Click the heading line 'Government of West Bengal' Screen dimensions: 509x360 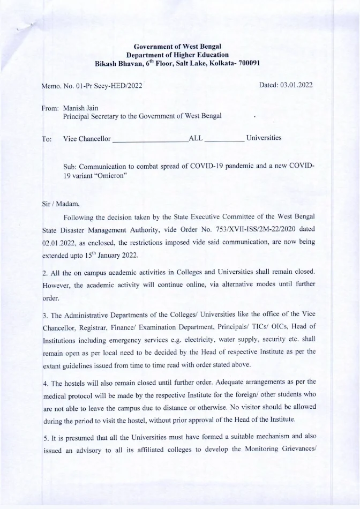(177, 47)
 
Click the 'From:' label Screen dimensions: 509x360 (50, 108)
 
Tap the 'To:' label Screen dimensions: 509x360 (47, 139)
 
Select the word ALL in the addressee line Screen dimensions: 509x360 (196, 138)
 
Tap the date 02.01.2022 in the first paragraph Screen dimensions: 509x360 (58, 243)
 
